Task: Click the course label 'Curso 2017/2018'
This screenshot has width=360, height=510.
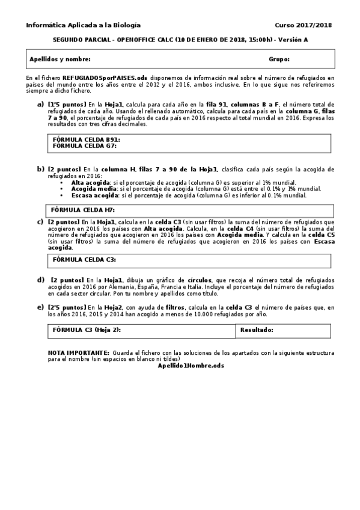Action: click(x=303, y=25)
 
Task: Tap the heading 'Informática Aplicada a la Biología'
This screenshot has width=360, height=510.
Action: click(x=83, y=25)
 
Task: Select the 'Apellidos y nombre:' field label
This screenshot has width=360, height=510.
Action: click(x=60, y=60)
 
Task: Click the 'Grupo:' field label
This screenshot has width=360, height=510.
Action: click(x=279, y=60)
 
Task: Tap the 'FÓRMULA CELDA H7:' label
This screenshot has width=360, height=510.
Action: click(x=82, y=210)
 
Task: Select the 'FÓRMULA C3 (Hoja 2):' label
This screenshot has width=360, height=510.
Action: click(x=87, y=330)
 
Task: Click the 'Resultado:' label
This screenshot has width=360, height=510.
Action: click(x=257, y=330)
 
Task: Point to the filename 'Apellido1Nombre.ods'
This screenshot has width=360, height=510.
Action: click(x=191, y=366)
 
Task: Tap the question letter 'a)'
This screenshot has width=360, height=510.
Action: click(x=40, y=104)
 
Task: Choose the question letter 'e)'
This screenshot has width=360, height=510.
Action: click(x=40, y=307)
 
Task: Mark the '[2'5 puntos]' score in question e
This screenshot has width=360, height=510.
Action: click(x=67, y=307)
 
